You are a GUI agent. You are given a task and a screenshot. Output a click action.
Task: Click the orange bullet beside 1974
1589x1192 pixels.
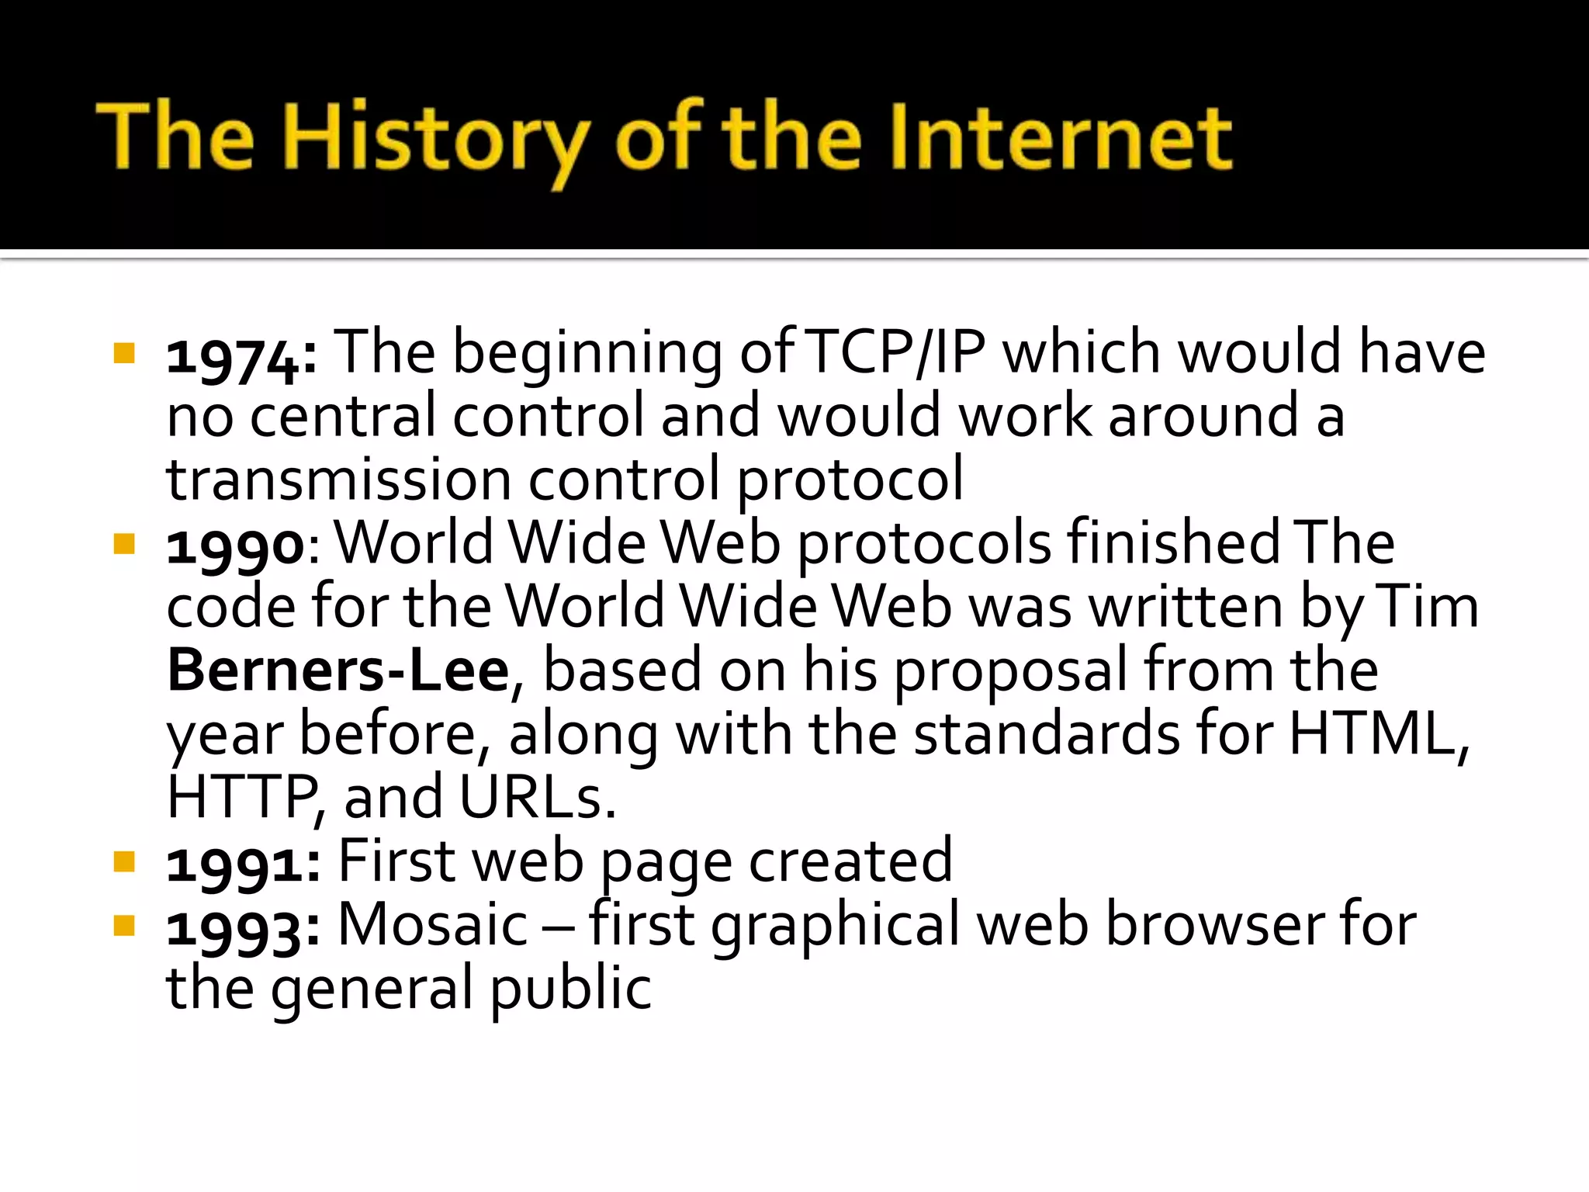(x=124, y=354)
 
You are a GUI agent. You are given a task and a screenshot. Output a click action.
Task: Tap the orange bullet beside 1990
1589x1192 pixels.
(x=124, y=544)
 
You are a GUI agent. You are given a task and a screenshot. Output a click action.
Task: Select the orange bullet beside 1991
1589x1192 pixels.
(x=124, y=862)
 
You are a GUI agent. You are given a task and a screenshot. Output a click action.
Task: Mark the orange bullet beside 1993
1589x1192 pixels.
(x=124, y=926)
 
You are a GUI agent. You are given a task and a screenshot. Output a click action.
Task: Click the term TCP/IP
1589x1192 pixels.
(x=896, y=353)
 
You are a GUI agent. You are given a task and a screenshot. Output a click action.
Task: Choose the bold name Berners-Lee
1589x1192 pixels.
(x=338, y=671)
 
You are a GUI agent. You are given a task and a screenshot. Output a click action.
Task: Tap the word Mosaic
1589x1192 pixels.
(x=433, y=925)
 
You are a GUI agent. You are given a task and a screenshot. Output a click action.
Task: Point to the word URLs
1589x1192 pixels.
(x=537, y=798)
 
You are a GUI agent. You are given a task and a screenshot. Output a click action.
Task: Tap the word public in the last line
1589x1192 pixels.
(x=571, y=990)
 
